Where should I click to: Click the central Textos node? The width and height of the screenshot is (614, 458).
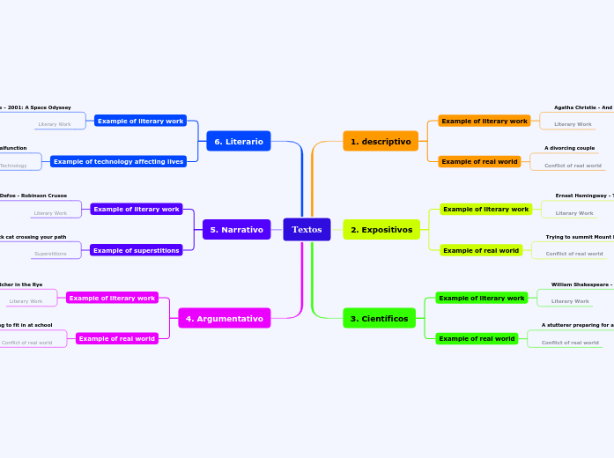click(307, 229)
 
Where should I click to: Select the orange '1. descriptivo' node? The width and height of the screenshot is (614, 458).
click(380, 141)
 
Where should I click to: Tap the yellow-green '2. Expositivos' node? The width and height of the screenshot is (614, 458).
click(381, 230)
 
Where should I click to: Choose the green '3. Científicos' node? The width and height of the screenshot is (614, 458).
click(379, 318)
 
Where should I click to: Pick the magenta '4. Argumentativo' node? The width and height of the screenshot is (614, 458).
click(224, 318)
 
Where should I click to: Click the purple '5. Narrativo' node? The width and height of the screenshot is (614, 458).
click(236, 230)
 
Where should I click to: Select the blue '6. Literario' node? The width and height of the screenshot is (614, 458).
click(238, 141)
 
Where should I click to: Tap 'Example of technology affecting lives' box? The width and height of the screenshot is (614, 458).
click(118, 161)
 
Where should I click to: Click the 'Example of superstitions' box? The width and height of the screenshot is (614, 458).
click(137, 250)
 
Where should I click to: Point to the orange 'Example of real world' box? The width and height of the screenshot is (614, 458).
click(479, 161)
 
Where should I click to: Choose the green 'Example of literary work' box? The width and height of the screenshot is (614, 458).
click(481, 298)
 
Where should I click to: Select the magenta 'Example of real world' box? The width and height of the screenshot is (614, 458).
click(116, 338)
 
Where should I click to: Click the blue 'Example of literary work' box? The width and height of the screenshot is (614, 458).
click(140, 121)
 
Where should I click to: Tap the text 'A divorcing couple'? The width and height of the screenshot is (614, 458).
click(569, 148)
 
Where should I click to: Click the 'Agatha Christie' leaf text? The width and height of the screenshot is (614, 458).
click(582, 107)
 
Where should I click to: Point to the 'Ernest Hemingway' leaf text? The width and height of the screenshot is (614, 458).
click(584, 196)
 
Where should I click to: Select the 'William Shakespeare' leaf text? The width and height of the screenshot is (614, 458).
click(581, 284)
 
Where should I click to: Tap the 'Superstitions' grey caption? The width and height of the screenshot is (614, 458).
click(50, 254)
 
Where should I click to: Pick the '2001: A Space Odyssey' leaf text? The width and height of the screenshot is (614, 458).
click(36, 107)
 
